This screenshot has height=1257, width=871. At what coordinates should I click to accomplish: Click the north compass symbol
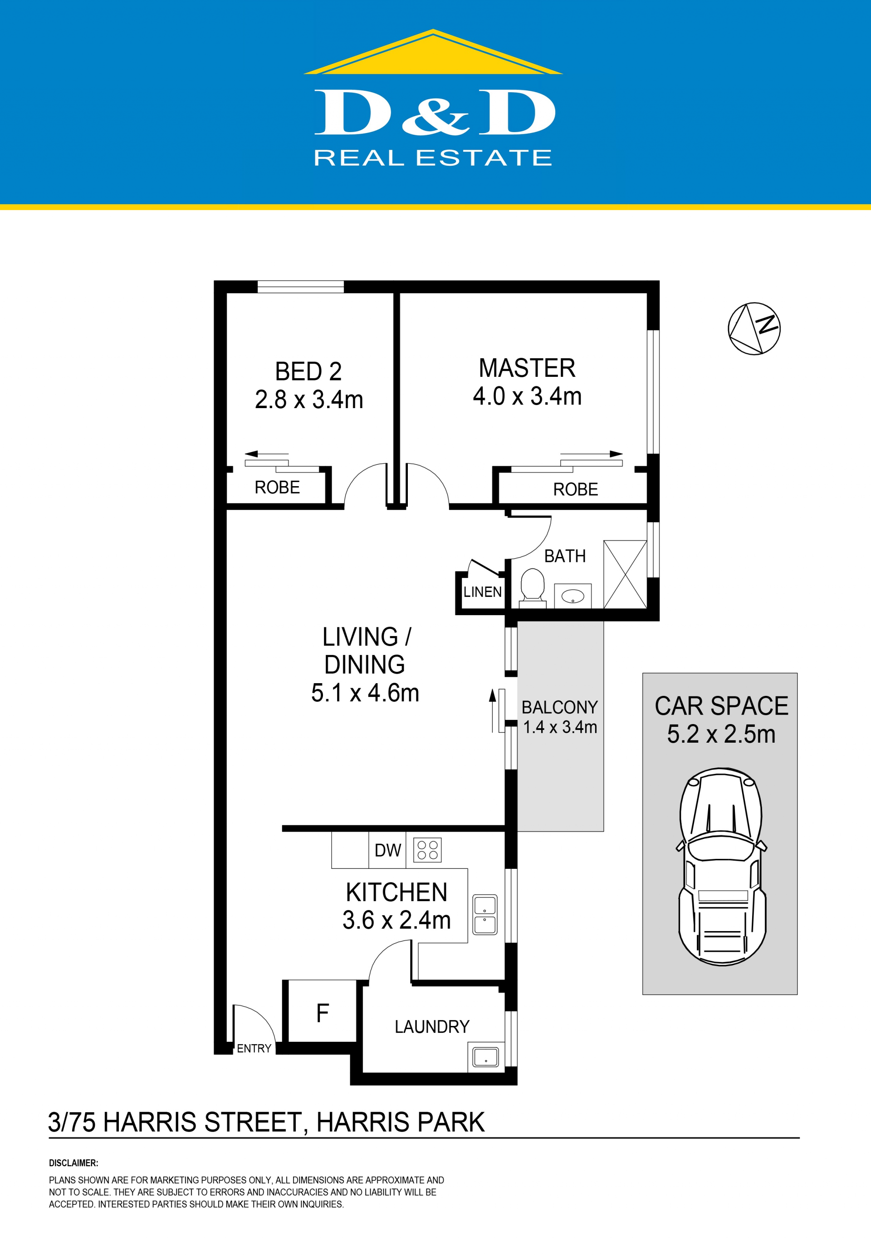pos(754,329)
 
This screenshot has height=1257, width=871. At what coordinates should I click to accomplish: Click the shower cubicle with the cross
pos(625,574)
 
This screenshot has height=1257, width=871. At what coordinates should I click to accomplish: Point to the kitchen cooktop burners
pos(427,850)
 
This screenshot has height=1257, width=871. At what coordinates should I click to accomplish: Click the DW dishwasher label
pos(387,850)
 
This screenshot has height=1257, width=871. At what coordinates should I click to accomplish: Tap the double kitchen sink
pos(484,915)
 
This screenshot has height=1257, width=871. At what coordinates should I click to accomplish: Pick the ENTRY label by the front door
pos(254,1049)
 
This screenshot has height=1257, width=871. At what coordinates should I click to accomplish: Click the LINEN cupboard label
pos(482,592)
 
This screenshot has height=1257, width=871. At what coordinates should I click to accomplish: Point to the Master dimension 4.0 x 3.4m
pos(527,396)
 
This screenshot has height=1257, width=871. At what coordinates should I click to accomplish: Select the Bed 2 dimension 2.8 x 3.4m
pos(309,399)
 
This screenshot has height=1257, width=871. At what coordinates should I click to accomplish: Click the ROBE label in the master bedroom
pos(576,489)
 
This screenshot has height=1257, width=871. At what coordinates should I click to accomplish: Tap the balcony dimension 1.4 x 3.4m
pos(560,727)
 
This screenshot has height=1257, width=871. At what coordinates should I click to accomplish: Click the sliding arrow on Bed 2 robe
pos(266,454)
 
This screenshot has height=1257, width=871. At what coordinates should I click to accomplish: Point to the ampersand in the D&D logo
pos(435,116)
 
